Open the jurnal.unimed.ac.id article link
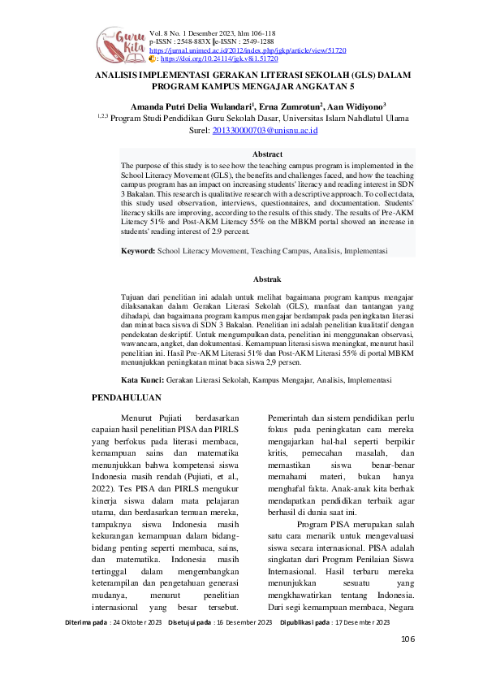point(248,50)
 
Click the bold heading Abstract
point(267,154)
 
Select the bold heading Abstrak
point(267,278)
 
